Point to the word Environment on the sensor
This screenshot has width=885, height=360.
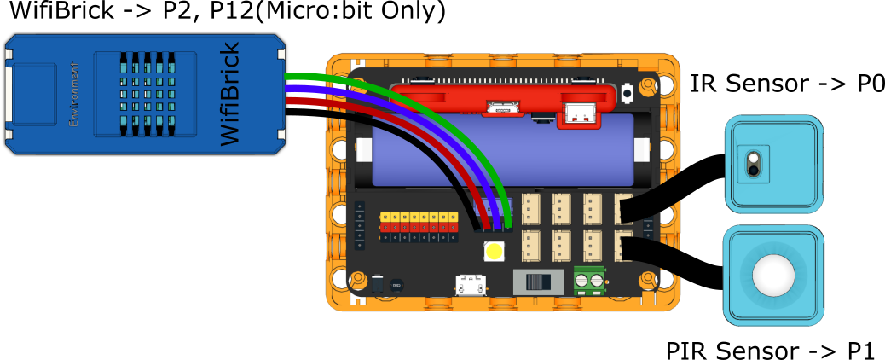[x=74, y=94]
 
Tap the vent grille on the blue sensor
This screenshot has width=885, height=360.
[x=146, y=94]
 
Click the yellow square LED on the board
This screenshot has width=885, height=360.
[x=494, y=252]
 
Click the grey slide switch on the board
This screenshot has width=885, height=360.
[x=537, y=282]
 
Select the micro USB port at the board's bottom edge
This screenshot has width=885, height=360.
[x=467, y=285]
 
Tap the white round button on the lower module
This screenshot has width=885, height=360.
[x=773, y=275]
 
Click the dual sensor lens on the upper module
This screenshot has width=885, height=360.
[x=753, y=163]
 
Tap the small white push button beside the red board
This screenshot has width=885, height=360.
[x=628, y=91]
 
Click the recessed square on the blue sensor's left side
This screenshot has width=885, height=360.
[x=33, y=93]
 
